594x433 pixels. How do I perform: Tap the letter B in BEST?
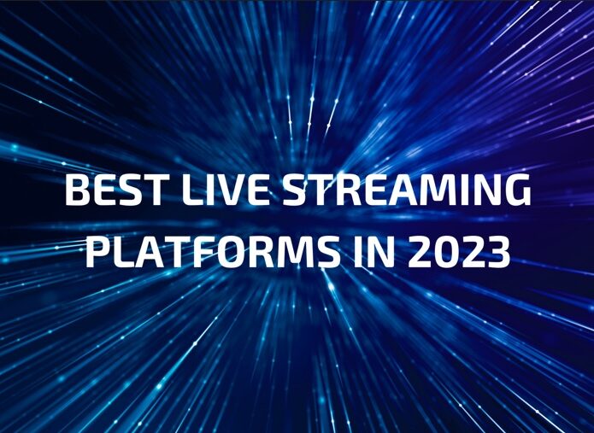coord(78,190)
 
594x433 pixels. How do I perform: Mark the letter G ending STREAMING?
coord(518,190)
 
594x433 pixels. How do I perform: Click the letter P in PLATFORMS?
coord(98,252)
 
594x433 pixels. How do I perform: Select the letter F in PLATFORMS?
coord(209,252)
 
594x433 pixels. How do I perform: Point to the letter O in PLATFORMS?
coord(236,251)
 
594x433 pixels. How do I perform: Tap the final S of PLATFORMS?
coord(329,251)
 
